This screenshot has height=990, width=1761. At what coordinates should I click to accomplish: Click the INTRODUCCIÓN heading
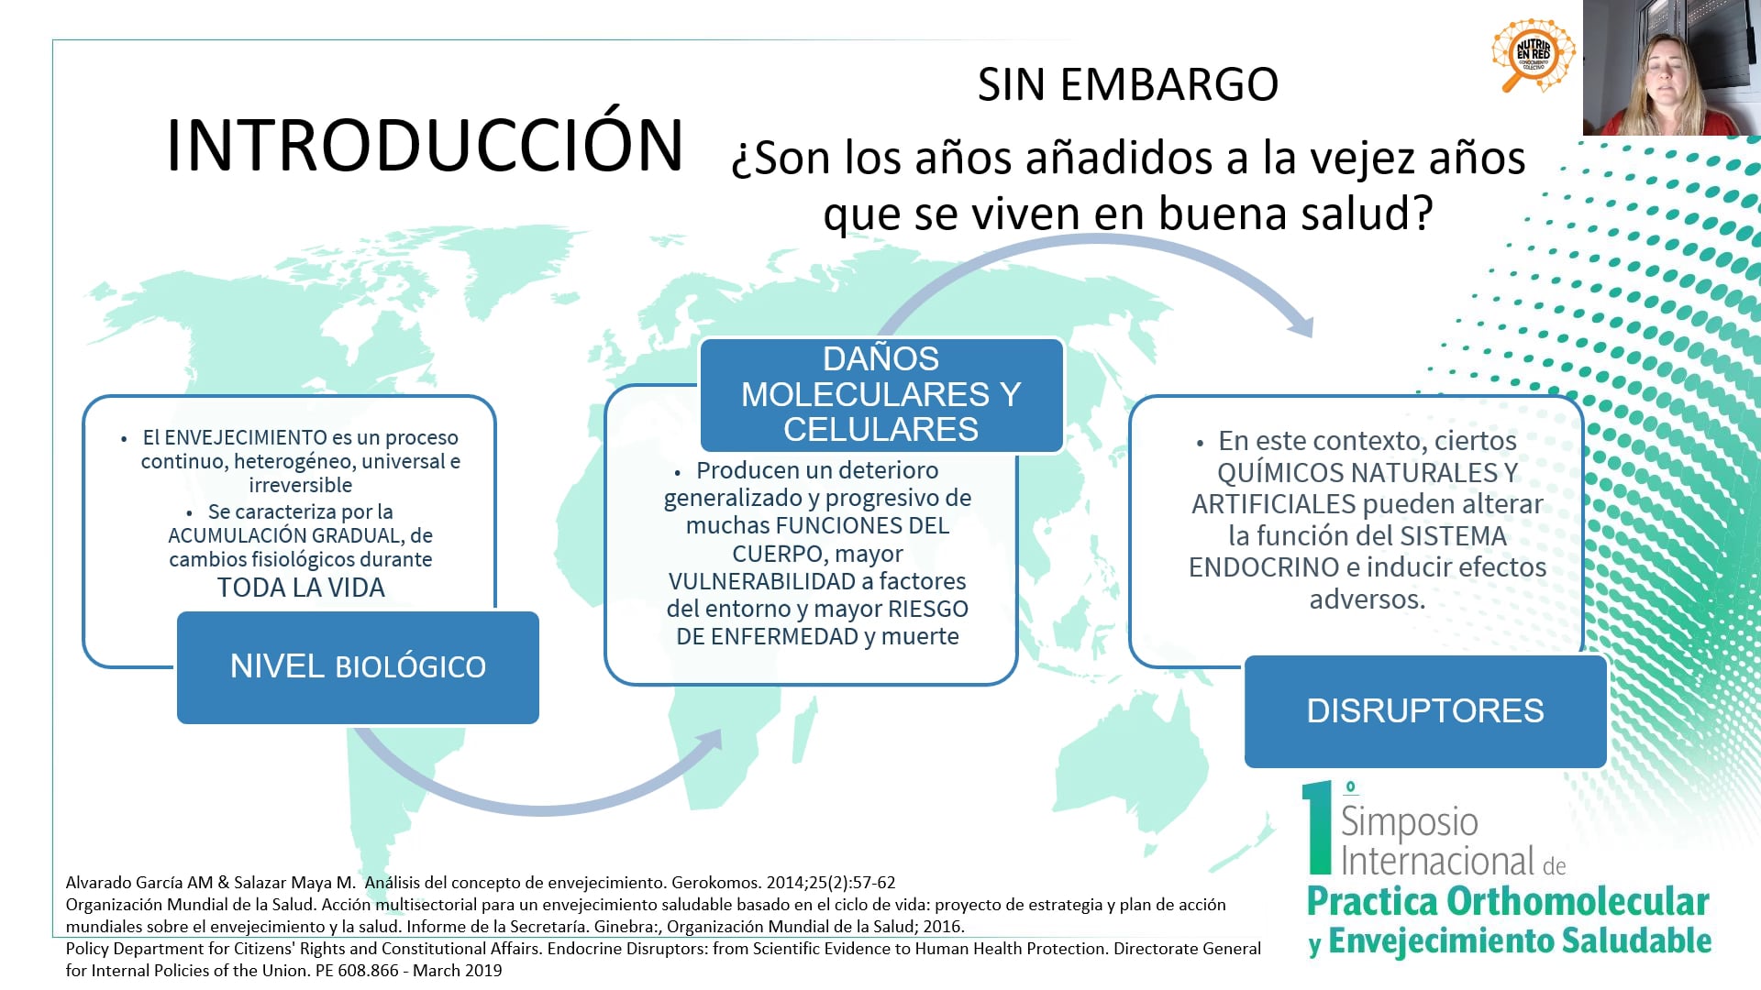425,145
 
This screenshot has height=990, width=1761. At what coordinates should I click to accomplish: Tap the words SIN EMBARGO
1127,84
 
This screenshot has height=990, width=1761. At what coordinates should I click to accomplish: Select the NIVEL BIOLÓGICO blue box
358,667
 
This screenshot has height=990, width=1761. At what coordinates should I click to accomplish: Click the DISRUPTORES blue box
1425,711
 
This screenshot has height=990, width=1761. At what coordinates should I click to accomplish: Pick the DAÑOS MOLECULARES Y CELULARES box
881,395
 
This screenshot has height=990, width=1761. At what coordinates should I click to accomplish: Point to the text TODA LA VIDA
301,588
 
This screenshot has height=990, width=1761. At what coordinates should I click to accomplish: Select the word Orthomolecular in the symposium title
1578,902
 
